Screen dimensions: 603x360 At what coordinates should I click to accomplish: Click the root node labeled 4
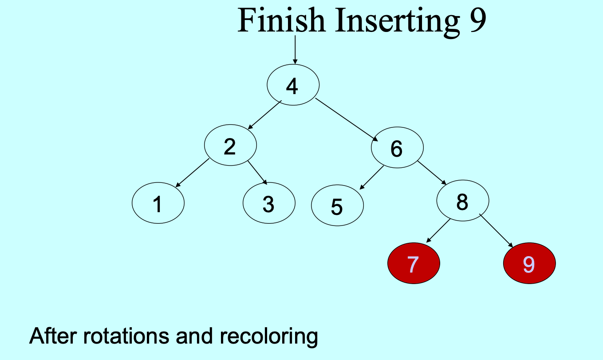293,85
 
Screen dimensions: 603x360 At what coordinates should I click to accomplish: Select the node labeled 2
230,145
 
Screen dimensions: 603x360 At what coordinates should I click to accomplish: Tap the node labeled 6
397,147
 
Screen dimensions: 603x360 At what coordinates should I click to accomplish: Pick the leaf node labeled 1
158,203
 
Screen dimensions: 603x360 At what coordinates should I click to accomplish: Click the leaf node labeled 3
269,203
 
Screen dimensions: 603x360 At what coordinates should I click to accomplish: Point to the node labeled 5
338,206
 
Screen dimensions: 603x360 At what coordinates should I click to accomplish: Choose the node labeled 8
463,201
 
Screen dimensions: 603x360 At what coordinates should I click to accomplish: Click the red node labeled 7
414,263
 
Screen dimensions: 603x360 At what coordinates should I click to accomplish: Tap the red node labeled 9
529,263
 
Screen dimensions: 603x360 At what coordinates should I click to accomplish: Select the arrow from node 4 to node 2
264,115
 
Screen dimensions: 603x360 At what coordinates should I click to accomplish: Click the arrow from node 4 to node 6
347,120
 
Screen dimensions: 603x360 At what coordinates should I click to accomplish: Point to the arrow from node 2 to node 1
192,173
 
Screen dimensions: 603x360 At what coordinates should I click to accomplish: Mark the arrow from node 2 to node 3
257,173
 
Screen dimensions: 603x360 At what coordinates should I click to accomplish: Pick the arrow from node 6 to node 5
371,178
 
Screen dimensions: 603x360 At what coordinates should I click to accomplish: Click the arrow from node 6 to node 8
432,173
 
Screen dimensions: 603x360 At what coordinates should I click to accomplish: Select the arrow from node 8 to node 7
438,231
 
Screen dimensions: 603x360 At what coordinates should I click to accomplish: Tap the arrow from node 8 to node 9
496,231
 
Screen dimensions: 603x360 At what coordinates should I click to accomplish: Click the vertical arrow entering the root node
295,50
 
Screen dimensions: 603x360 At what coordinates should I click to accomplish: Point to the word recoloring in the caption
269,336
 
